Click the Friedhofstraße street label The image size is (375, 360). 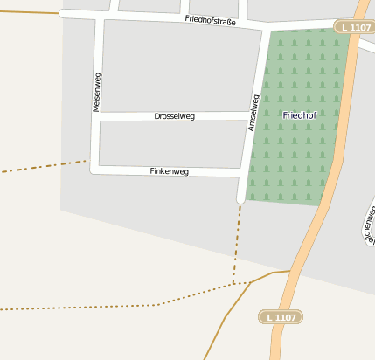point(211,21)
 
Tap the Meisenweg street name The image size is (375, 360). point(96,91)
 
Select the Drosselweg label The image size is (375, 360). point(174,116)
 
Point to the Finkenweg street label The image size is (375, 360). point(170,171)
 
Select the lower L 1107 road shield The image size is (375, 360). point(280,317)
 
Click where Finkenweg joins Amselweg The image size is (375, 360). point(241,177)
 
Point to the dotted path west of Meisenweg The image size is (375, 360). point(44,166)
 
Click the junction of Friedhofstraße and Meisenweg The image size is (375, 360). point(103,17)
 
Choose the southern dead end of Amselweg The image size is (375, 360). point(240,201)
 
